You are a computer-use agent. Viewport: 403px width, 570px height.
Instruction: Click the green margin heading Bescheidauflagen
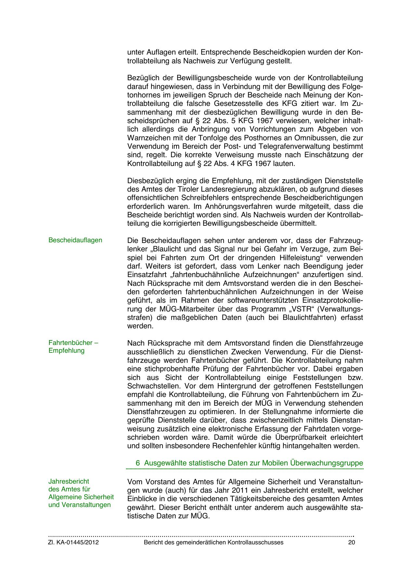75,240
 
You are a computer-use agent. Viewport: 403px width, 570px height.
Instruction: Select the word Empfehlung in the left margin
66,350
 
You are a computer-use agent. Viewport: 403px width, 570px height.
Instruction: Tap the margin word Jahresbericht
69,481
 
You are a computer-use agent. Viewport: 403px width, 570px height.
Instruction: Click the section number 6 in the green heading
138,463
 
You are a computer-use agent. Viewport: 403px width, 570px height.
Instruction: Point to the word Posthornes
254,138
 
